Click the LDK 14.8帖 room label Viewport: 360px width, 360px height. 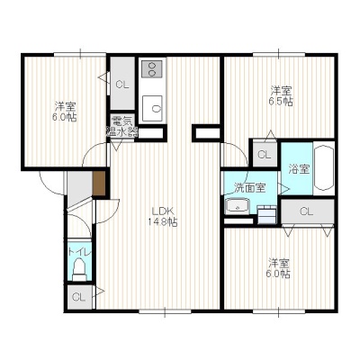point(162,216)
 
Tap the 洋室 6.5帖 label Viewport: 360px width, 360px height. point(281,95)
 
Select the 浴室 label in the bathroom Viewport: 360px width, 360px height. point(299,169)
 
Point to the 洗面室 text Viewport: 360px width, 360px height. point(249,188)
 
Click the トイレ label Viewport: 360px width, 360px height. point(79,251)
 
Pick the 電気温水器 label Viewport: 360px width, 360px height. point(122,126)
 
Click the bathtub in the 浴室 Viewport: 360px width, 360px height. point(324,168)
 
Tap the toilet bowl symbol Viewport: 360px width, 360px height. point(80,270)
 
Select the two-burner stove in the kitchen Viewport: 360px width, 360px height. point(152,68)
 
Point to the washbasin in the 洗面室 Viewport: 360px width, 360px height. point(238,206)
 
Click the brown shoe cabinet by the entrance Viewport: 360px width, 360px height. point(98,184)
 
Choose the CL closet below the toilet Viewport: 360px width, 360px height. point(79,297)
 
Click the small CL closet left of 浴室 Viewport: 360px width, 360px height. point(265,155)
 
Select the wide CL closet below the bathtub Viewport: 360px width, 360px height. point(308,211)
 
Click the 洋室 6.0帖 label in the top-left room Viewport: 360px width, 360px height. point(65,112)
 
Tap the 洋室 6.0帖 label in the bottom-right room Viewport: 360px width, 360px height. point(279,268)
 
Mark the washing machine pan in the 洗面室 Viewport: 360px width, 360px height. point(266,214)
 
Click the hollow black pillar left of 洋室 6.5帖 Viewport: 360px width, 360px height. point(207,132)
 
